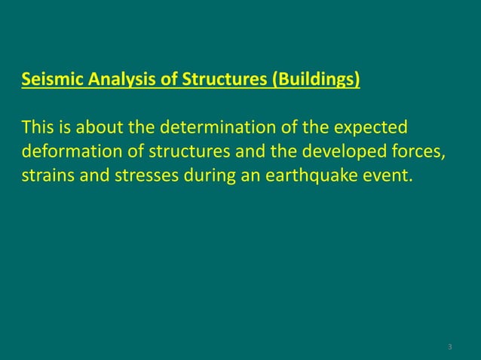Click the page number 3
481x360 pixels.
(449, 346)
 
